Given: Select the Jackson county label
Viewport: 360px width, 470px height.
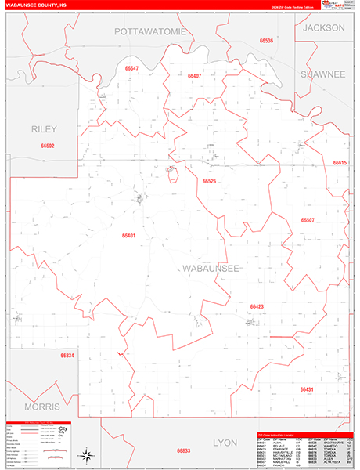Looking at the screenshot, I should (x=324, y=27).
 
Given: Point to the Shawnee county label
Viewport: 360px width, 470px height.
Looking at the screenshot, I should (x=322, y=74).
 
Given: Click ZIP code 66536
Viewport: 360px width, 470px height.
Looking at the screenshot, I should (x=268, y=40).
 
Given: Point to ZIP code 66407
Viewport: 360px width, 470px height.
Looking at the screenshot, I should (x=195, y=76).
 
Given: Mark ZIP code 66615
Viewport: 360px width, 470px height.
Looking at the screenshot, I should (x=339, y=163).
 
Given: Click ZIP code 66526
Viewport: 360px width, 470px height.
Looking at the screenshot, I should (x=209, y=181).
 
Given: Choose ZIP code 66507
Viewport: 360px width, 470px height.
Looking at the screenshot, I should (x=307, y=220).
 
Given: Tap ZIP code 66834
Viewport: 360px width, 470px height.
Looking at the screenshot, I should (x=67, y=356).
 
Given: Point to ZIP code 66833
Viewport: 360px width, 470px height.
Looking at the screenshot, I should (x=183, y=450).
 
